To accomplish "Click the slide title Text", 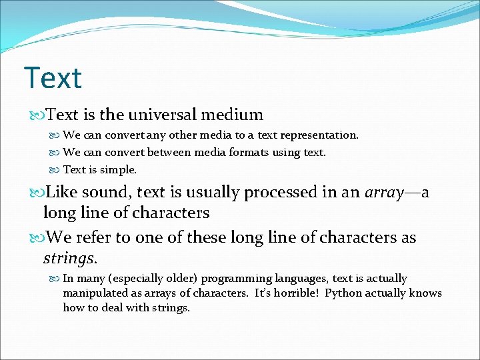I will point(53,78).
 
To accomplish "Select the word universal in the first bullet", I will point(162,115).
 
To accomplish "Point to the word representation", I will point(318,135).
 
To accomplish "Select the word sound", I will point(108,193).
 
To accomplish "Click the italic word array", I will point(384,193).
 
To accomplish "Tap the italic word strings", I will point(69,257).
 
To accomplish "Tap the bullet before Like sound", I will point(37,193).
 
